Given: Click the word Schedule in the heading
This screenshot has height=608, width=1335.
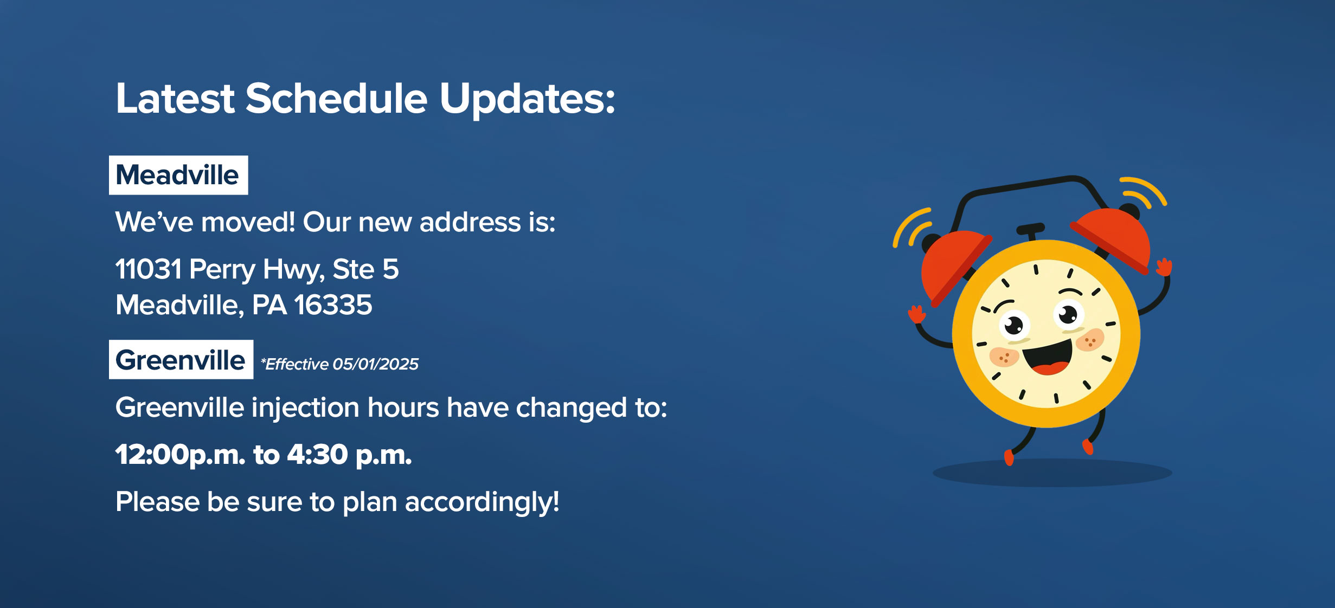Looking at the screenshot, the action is click(336, 99).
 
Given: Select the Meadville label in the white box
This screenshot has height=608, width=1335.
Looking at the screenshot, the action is click(178, 175).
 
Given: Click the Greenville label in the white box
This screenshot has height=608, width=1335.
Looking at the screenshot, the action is click(181, 360).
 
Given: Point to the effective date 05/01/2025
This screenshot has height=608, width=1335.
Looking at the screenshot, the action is click(375, 364).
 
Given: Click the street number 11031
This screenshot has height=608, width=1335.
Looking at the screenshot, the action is click(148, 269).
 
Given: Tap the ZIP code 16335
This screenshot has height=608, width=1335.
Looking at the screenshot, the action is click(333, 305).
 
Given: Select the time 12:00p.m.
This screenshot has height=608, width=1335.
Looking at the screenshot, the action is click(181, 455).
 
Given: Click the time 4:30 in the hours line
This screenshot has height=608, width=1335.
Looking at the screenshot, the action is click(317, 454).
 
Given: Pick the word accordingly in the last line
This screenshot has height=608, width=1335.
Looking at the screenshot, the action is click(482, 502).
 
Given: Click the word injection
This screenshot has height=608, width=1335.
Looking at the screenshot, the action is click(306, 408).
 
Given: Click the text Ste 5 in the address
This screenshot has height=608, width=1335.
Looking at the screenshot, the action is click(365, 269).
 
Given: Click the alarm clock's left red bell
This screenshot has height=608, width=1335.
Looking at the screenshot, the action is click(954, 266).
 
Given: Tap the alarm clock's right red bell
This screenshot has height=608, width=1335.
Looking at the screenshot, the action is click(1114, 238).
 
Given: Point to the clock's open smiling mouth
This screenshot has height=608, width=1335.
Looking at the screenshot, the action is click(1048, 357).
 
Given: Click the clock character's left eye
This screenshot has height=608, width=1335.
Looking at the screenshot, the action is click(1014, 325).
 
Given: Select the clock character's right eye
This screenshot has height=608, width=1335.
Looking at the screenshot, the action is click(1069, 314).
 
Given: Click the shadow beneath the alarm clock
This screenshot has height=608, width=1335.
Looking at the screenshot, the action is click(1052, 473).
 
